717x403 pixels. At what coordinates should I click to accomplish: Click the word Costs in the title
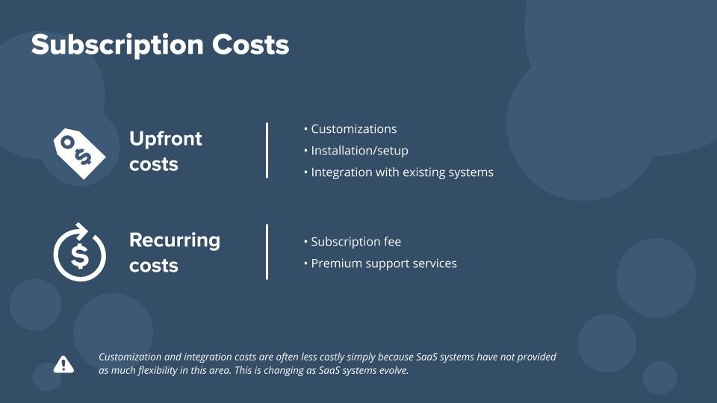point(250,45)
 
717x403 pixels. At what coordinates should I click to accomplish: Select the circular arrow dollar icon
point(80,252)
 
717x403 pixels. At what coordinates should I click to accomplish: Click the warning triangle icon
point(63,364)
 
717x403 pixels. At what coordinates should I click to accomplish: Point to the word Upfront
point(166,139)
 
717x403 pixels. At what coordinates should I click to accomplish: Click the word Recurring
point(175,240)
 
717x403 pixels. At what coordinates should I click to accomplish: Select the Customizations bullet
point(353,129)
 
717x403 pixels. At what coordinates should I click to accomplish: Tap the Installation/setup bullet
point(359,151)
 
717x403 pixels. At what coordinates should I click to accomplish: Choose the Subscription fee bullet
point(356,242)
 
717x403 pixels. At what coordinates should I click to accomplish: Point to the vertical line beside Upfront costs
point(267,150)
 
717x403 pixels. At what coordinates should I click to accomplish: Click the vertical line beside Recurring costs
point(267,252)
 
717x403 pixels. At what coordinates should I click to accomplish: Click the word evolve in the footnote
point(391,371)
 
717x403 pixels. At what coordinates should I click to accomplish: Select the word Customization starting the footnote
point(133,357)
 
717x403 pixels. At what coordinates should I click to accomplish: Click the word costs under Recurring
point(154,266)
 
